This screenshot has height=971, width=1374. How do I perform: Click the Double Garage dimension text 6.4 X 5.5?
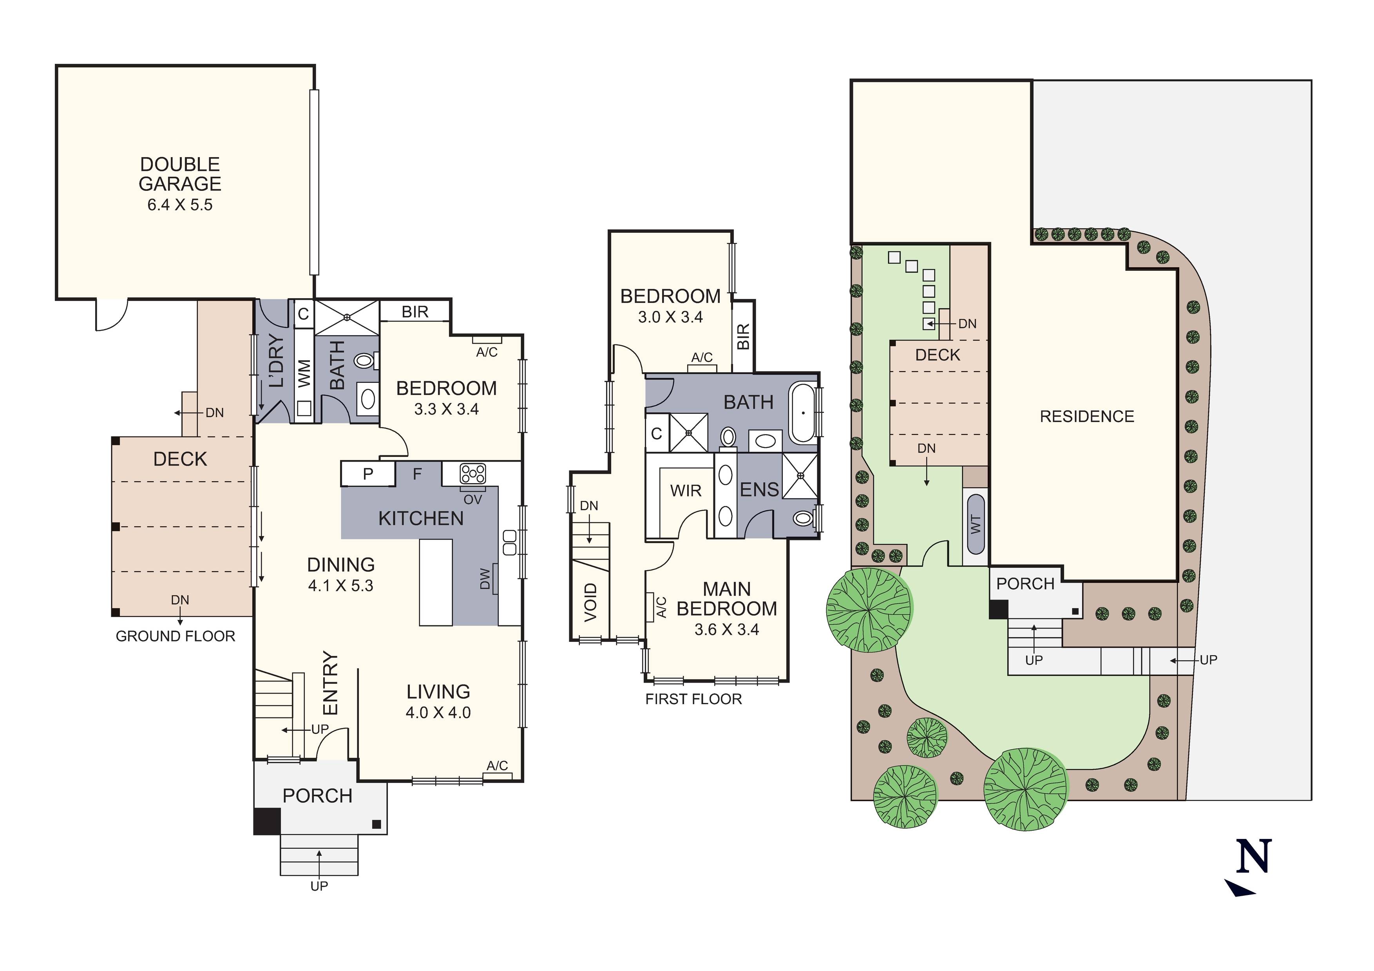(x=179, y=205)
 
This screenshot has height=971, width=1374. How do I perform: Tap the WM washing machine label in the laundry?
(x=304, y=373)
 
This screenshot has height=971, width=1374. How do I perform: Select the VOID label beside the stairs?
(x=590, y=601)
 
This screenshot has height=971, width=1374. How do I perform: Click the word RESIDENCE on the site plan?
(x=1087, y=417)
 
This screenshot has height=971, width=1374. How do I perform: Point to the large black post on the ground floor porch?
(x=267, y=821)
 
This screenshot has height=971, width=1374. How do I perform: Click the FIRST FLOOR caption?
(x=693, y=699)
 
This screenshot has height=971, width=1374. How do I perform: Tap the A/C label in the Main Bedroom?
(x=661, y=607)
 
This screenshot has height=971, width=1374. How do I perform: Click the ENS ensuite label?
(x=759, y=490)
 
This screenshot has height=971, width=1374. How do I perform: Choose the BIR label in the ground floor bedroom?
(x=415, y=312)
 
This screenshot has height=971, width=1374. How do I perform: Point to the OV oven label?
(x=472, y=499)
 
